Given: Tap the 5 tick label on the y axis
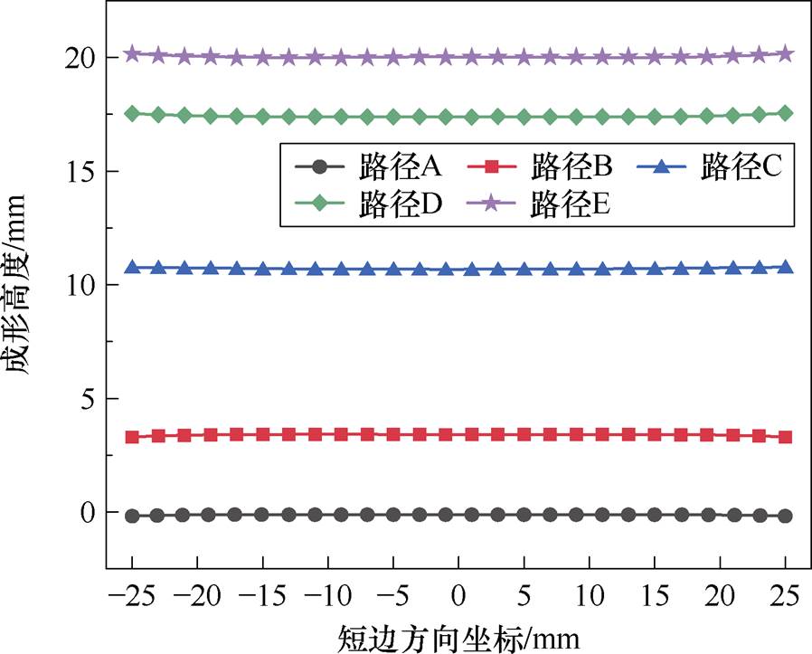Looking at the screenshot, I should [x=88, y=399].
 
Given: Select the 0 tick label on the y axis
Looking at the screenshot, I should [x=88, y=513].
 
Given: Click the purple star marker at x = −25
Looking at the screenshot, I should [x=132, y=54].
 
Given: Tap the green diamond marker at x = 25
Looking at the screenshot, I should [x=785, y=113].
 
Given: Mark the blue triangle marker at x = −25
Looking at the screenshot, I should [x=132, y=267].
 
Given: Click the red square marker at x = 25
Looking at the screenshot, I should [x=785, y=437].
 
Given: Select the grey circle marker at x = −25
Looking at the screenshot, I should [x=132, y=516].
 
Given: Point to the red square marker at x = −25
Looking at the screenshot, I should [x=132, y=437].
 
